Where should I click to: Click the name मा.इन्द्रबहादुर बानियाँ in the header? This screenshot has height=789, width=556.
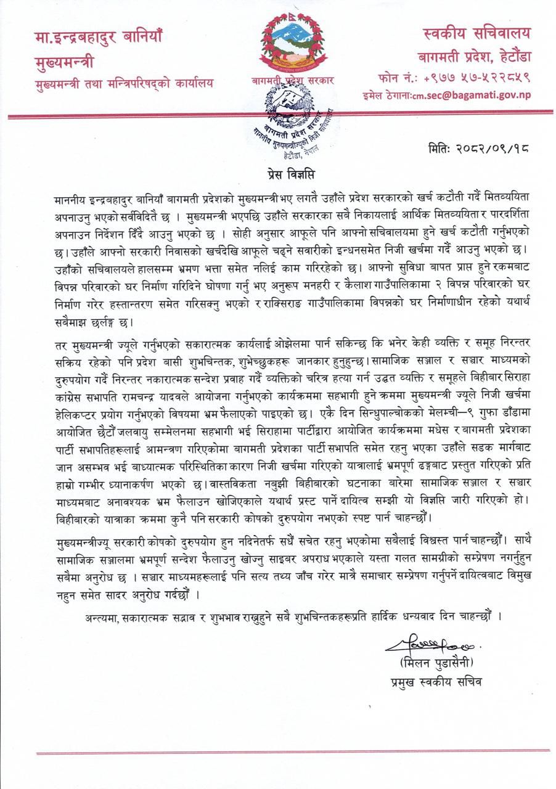tap(98, 38)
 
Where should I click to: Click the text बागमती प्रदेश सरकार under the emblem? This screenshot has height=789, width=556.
tap(292, 81)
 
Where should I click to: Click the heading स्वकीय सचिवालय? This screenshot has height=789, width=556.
tap(476, 34)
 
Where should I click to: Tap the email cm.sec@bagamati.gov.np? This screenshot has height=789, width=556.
tap(484, 95)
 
